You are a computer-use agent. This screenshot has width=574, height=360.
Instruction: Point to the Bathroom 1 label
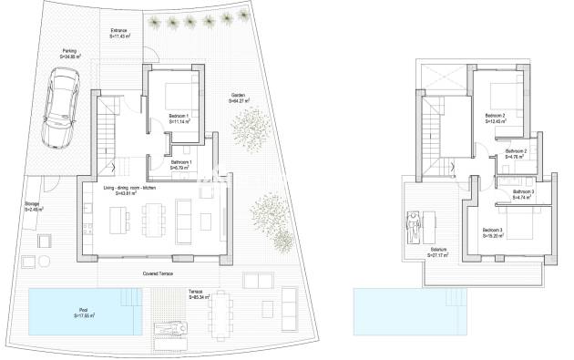[180, 165]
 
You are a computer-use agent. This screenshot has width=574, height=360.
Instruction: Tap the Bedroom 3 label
[496, 231]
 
